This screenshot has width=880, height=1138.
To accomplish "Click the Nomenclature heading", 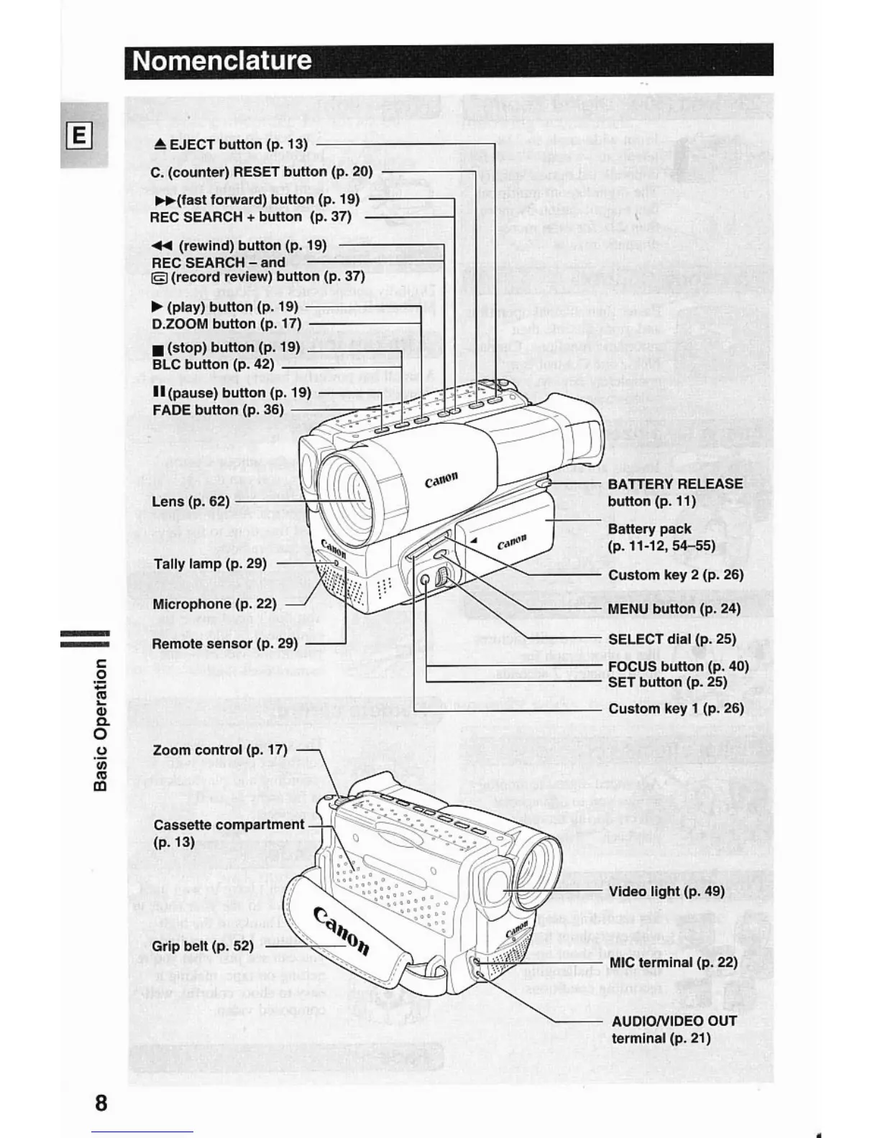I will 222,60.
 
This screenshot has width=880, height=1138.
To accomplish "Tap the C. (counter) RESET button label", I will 262,172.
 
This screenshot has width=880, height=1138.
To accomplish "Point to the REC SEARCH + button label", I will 250,217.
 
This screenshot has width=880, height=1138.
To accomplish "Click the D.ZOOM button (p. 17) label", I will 226,324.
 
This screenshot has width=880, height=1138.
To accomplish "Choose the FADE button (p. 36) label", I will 218,410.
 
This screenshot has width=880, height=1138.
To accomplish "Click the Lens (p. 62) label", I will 191,501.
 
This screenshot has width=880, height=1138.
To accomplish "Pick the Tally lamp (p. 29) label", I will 210,564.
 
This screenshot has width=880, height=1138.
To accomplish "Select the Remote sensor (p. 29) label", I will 224,644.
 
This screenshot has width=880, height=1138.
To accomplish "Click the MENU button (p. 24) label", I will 674,609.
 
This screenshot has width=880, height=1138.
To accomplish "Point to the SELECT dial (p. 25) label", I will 672,639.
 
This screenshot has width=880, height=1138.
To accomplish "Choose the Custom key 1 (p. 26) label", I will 676,709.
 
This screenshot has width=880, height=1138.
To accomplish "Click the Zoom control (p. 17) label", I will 220,750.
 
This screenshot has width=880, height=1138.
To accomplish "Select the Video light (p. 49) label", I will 666,892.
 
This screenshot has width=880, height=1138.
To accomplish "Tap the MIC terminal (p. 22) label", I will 673,963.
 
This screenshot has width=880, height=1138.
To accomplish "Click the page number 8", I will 101,1103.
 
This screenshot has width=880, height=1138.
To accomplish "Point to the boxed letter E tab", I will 80,135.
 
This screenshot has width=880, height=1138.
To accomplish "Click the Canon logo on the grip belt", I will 342,931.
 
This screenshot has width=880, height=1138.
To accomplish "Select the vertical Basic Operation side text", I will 101,726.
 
